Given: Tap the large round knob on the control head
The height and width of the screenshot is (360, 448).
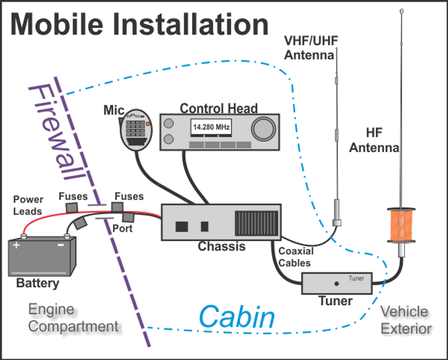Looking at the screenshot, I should click(263, 128).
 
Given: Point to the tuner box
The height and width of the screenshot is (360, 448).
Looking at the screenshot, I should click(337, 283).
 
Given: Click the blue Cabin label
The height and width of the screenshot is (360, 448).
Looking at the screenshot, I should click(237, 317).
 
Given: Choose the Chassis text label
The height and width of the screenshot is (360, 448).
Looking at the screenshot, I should click(222, 247).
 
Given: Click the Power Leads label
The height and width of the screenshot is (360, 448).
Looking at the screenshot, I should click(28, 205).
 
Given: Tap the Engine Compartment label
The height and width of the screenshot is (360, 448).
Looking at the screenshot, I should click(73, 318).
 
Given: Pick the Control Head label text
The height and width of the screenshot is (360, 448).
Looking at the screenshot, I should click(218, 108).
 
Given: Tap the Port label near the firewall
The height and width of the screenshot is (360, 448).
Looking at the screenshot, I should click(122, 229).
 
